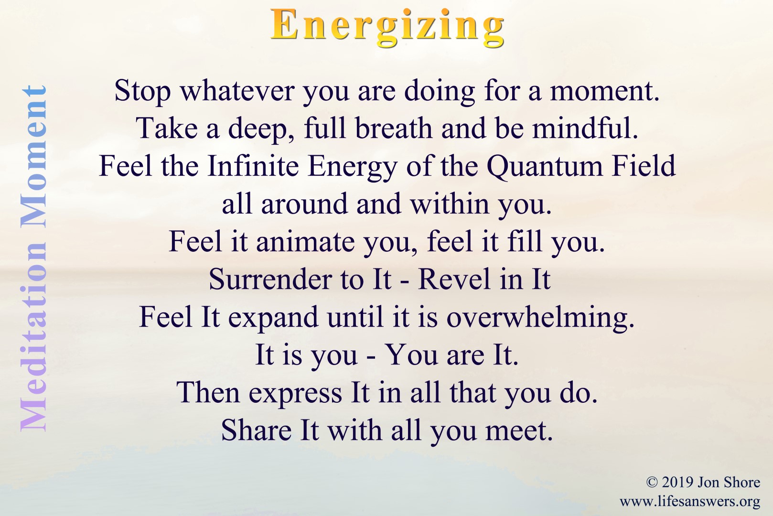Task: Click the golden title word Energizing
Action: [x=387, y=28]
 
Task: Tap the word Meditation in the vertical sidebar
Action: [x=33, y=336]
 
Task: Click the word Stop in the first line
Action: [x=142, y=92]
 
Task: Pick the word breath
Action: [x=394, y=129]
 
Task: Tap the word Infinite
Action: [x=253, y=166]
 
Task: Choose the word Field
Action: [x=644, y=166]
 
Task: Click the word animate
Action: [x=305, y=242]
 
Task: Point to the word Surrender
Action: [x=270, y=279]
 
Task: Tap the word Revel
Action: [x=455, y=279]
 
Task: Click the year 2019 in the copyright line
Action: [x=677, y=482]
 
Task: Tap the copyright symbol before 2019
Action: [x=652, y=482]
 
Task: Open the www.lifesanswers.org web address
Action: [x=690, y=502]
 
